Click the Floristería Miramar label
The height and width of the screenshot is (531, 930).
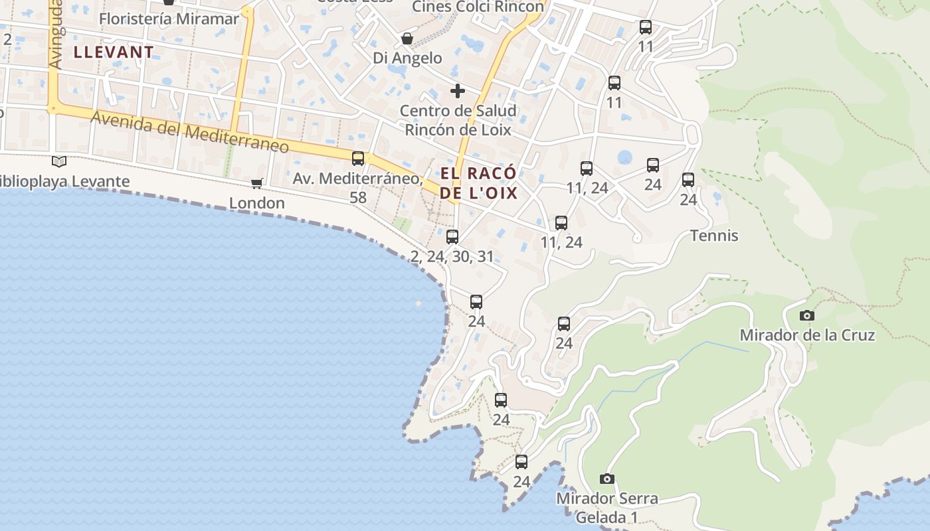coord(169,19)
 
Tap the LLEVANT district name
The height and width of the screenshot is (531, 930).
coord(114,52)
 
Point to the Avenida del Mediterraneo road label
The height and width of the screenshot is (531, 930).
coord(190,132)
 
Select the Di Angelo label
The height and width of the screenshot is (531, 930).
coord(407,58)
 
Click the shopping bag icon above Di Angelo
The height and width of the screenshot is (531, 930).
coord(407,39)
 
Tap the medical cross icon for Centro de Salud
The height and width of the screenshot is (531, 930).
coord(457,91)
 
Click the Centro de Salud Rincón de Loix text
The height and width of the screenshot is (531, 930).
coord(458,120)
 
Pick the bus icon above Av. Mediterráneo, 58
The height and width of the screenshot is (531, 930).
coord(358,159)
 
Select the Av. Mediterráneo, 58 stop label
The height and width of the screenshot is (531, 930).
coord(358,188)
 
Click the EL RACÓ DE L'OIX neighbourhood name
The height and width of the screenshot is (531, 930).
coord(478,183)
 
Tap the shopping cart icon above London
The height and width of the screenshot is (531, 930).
coord(256,183)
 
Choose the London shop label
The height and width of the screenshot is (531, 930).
coord(257,203)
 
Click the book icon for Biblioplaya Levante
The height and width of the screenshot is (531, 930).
coord(59,161)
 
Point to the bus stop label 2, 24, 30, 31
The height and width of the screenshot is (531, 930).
coord(452,257)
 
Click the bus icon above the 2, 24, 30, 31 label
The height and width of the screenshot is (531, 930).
coord(452,236)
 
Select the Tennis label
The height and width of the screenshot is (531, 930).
coord(714,236)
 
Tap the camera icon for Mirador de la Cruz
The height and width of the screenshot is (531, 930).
coord(807,315)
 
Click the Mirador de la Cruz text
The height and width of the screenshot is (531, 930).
coord(807,335)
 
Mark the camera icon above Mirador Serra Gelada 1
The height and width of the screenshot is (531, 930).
coord(606,479)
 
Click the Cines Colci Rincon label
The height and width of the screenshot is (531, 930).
coord(478,7)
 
